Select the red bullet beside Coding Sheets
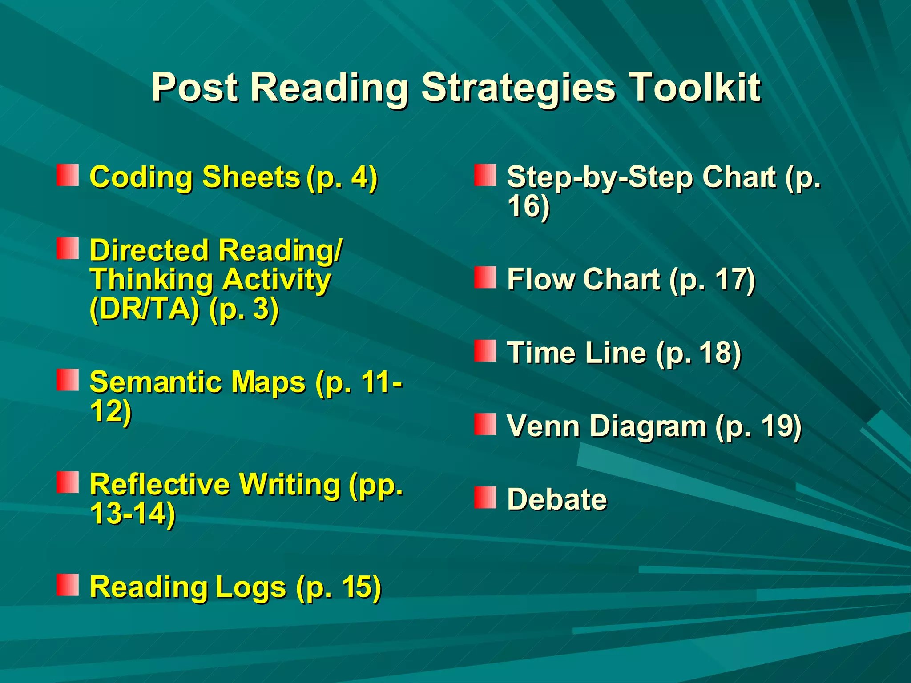coord(68,175)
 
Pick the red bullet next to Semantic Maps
coord(68,380)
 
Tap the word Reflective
coord(160,484)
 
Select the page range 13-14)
coord(133,514)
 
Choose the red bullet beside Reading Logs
coord(68,585)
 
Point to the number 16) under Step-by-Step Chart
coord(528,206)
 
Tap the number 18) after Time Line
coord(720,353)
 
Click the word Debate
coord(557,499)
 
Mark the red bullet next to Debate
coord(485,498)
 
